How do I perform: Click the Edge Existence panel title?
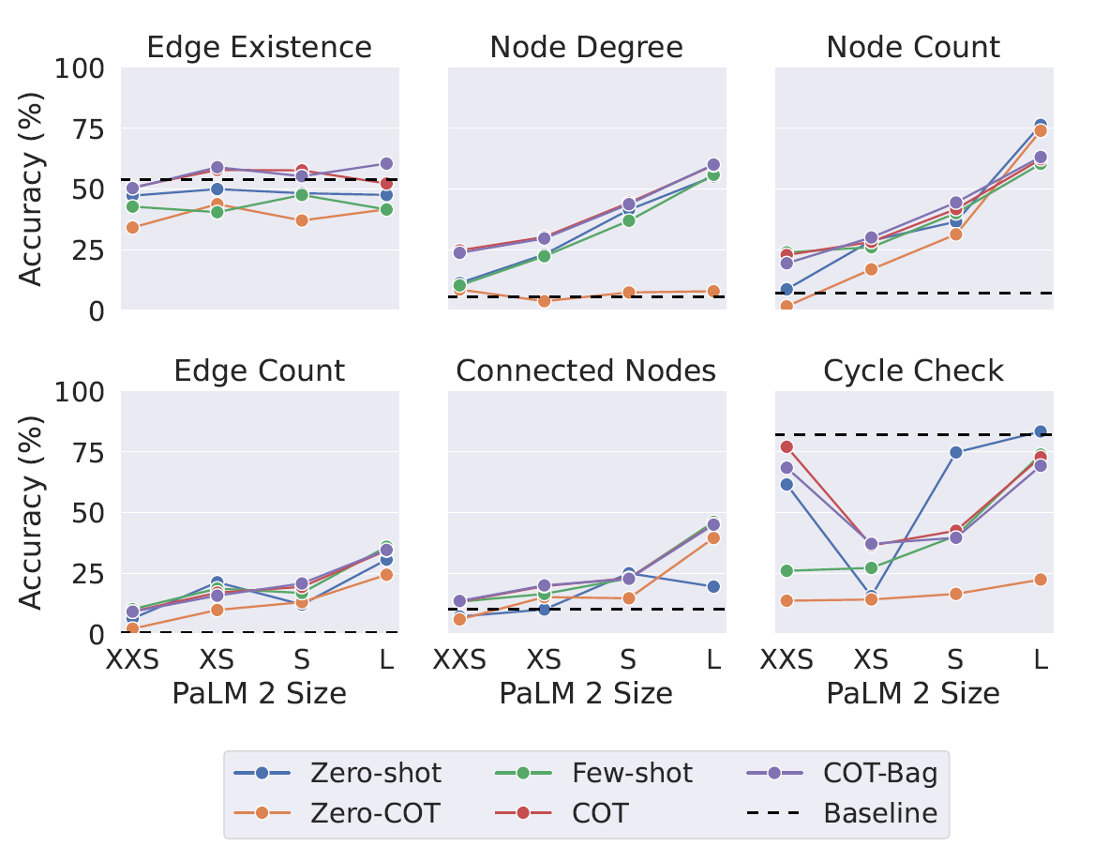[x=260, y=48]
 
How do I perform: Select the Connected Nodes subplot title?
[x=586, y=371]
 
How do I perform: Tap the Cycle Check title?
[x=913, y=371]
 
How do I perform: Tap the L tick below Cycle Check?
[x=1041, y=659]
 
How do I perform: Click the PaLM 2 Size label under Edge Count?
[x=260, y=694]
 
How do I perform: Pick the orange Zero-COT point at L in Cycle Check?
[x=1041, y=580]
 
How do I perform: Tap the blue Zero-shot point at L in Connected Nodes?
[x=713, y=586]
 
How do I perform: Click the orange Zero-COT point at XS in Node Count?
[x=871, y=269]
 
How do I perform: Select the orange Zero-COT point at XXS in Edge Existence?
[x=132, y=227]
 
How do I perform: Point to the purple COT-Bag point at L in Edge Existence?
[x=386, y=164]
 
